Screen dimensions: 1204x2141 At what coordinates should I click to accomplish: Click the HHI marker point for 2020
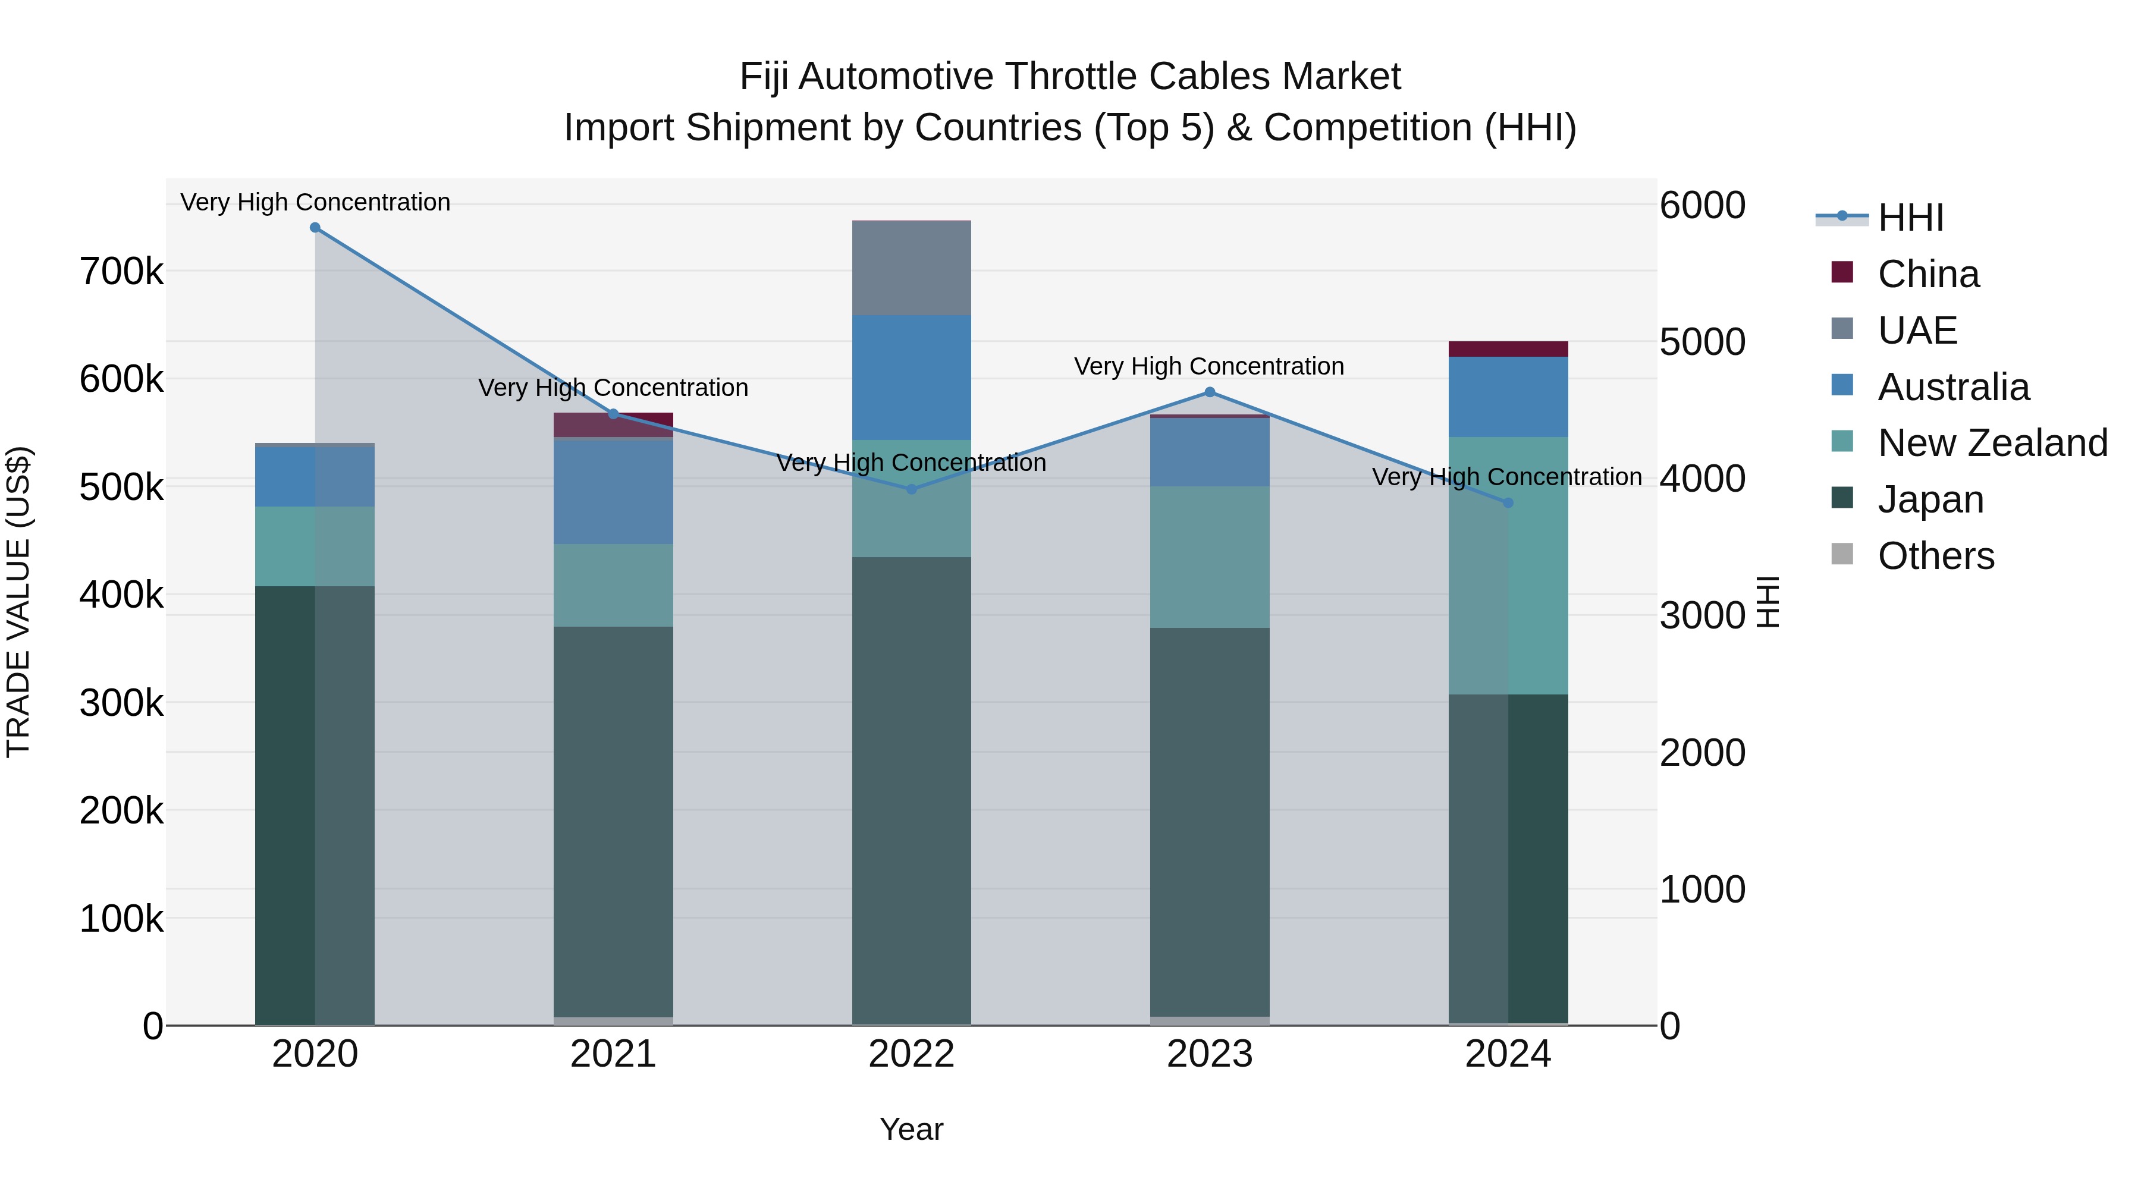coord(315,228)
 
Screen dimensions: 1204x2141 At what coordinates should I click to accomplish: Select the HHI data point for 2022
coord(911,489)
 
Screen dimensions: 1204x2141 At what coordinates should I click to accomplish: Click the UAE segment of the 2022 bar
coord(911,268)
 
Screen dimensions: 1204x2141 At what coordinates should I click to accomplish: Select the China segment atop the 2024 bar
coord(1508,349)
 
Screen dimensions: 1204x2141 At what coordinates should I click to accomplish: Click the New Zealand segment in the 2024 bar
coord(1508,565)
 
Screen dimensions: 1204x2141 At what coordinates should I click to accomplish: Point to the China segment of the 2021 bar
coord(613,425)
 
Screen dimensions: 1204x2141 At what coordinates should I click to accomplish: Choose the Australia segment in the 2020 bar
coord(315,477)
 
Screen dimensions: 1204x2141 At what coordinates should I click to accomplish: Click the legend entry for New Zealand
coord(1992,443)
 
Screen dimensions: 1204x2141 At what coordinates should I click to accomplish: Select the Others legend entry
coord(1936,556)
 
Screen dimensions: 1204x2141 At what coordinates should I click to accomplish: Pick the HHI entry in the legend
coord(1911,218)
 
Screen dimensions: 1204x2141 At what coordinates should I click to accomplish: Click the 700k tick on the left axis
coord(121,272)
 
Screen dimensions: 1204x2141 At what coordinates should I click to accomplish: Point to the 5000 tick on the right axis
coord(1702,342)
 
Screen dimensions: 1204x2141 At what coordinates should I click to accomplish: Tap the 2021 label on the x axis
coord(613,1054)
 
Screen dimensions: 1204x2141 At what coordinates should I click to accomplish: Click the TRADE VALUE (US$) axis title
coord(19,602)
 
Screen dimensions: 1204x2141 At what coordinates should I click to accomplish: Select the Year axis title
coord(911,1129)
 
